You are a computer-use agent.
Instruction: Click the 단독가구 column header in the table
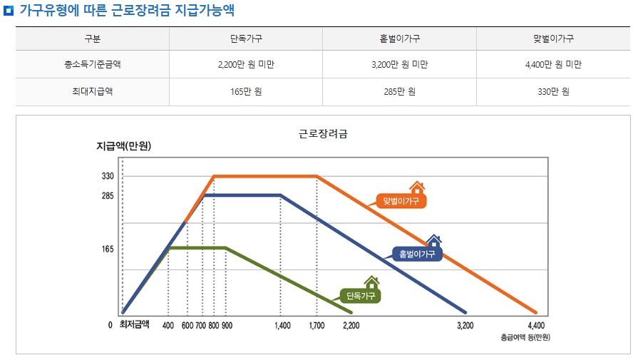[x=246, y=38]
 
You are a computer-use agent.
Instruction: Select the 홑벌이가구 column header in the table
[x=398, y=38]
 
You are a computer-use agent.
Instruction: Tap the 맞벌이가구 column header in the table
[x=553, y=38]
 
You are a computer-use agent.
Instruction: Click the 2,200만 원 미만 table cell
[x=246, y=65]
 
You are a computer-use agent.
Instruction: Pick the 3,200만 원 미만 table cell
[x=398, y=65]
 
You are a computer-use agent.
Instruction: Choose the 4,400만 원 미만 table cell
[x=553, y=65]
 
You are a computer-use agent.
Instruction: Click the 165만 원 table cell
[x=246, y=92]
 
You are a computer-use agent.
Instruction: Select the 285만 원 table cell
[x=398, y=92]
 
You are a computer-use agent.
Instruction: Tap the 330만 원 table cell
[x=553, y=92]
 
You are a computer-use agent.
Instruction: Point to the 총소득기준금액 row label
[x=93, y=65]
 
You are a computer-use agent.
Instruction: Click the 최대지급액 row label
[x=93, y=92]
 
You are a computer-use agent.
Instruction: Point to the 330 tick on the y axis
[x=108, y=176]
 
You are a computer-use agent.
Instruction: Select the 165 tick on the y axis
[x=108, y=250]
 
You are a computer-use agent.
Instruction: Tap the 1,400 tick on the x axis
[x=282, y=326]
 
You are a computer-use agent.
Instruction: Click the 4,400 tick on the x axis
[x=537, y=326]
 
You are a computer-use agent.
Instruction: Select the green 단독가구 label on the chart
[x=360, y=295]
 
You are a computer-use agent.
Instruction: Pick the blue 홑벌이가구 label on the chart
[x=417, y=254]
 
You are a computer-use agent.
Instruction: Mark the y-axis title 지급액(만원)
[x=123, y=147]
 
